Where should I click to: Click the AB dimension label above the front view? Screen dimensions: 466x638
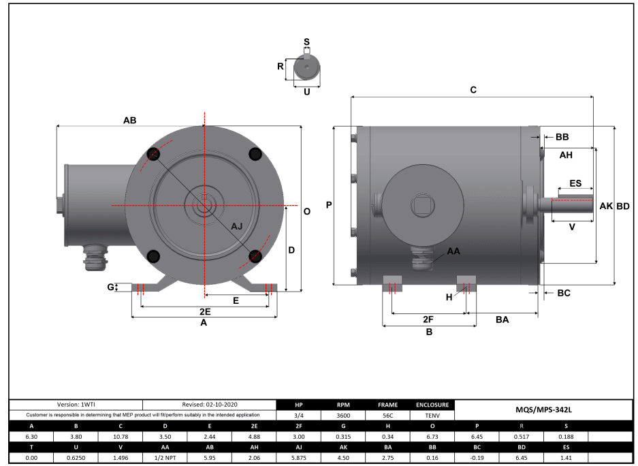click(x=129, y=120)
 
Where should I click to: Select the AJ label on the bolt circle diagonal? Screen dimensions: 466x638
click(x=236, y=226)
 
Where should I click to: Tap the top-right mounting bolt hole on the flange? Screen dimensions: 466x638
click(x=255, y=154)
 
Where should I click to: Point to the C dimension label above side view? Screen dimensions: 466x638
click(x=473, y=90)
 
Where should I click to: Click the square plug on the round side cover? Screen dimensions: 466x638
click(x=420, y=204)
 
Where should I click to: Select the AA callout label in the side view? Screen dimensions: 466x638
click(x=453, y=251)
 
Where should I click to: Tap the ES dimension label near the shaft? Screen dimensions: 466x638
click(x=575, y=183)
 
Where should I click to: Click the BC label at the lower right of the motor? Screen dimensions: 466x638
click(x=563, y=293)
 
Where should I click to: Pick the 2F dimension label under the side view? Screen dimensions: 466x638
click(x=428, y=319)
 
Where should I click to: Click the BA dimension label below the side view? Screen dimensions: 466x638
click(x=502, y=319)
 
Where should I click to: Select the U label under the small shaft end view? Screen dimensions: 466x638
click(x=307, y=91)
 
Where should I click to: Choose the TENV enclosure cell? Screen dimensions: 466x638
click(x=432, y=415)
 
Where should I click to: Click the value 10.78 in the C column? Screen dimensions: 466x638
click(x=121, y=437)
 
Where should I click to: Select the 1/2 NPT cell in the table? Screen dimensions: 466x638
click(x=165, y=458)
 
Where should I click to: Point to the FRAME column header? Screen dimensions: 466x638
click(x=385, y=405)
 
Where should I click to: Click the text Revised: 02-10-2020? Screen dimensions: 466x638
click(x=210, y=405)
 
